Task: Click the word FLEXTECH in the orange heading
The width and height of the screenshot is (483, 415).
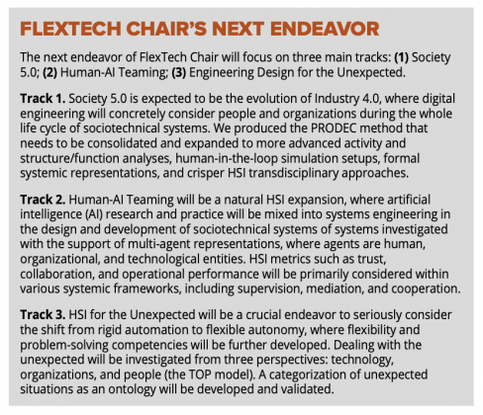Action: [70, 29]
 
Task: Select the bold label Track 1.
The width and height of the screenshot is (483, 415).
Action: [43, 99]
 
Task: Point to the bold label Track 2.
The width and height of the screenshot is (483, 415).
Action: [43, 200]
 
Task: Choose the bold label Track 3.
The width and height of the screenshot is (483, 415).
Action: [43, 315]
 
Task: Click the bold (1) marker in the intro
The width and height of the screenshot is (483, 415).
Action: [402, 57]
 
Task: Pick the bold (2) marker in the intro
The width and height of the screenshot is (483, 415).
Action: [50, 72]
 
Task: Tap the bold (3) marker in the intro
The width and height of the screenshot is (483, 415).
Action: [179, 72]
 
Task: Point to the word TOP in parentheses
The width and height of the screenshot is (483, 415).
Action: [198, 374]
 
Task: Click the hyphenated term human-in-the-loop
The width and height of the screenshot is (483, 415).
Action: [227, 158]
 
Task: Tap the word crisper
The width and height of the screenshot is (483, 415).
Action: [206, 174]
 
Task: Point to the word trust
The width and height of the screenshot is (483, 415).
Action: [372, 259]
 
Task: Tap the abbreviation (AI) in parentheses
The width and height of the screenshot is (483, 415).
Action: [94, 214]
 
